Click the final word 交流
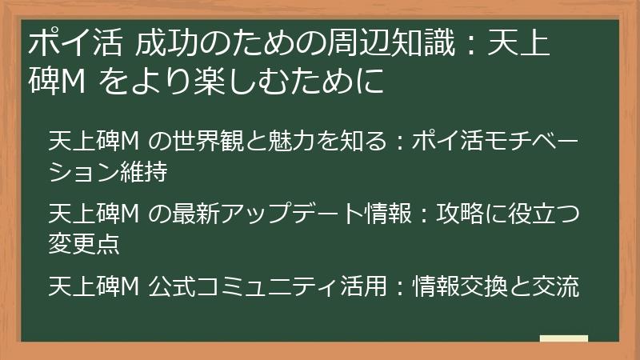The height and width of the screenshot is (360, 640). tap(560, 286)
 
